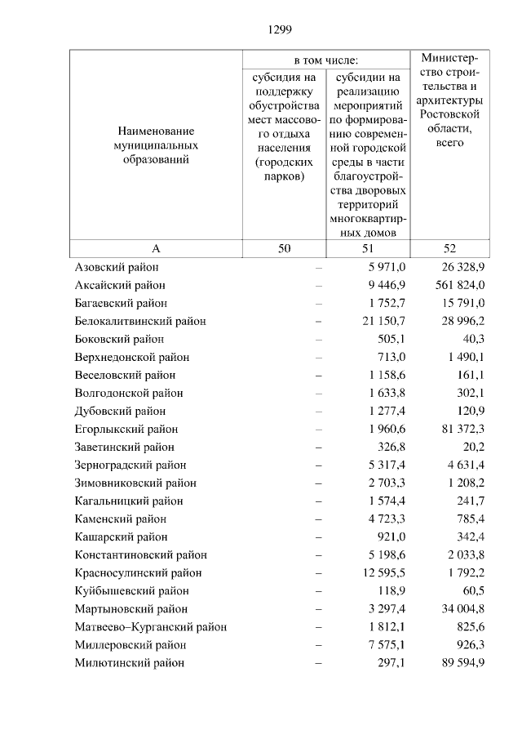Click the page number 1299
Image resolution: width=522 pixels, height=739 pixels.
279,29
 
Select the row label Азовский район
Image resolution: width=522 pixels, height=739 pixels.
117,268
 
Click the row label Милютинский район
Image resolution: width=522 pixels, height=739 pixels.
129,663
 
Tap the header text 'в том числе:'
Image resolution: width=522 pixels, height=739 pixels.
326,60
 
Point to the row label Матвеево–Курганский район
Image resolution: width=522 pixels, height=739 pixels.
150,627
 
